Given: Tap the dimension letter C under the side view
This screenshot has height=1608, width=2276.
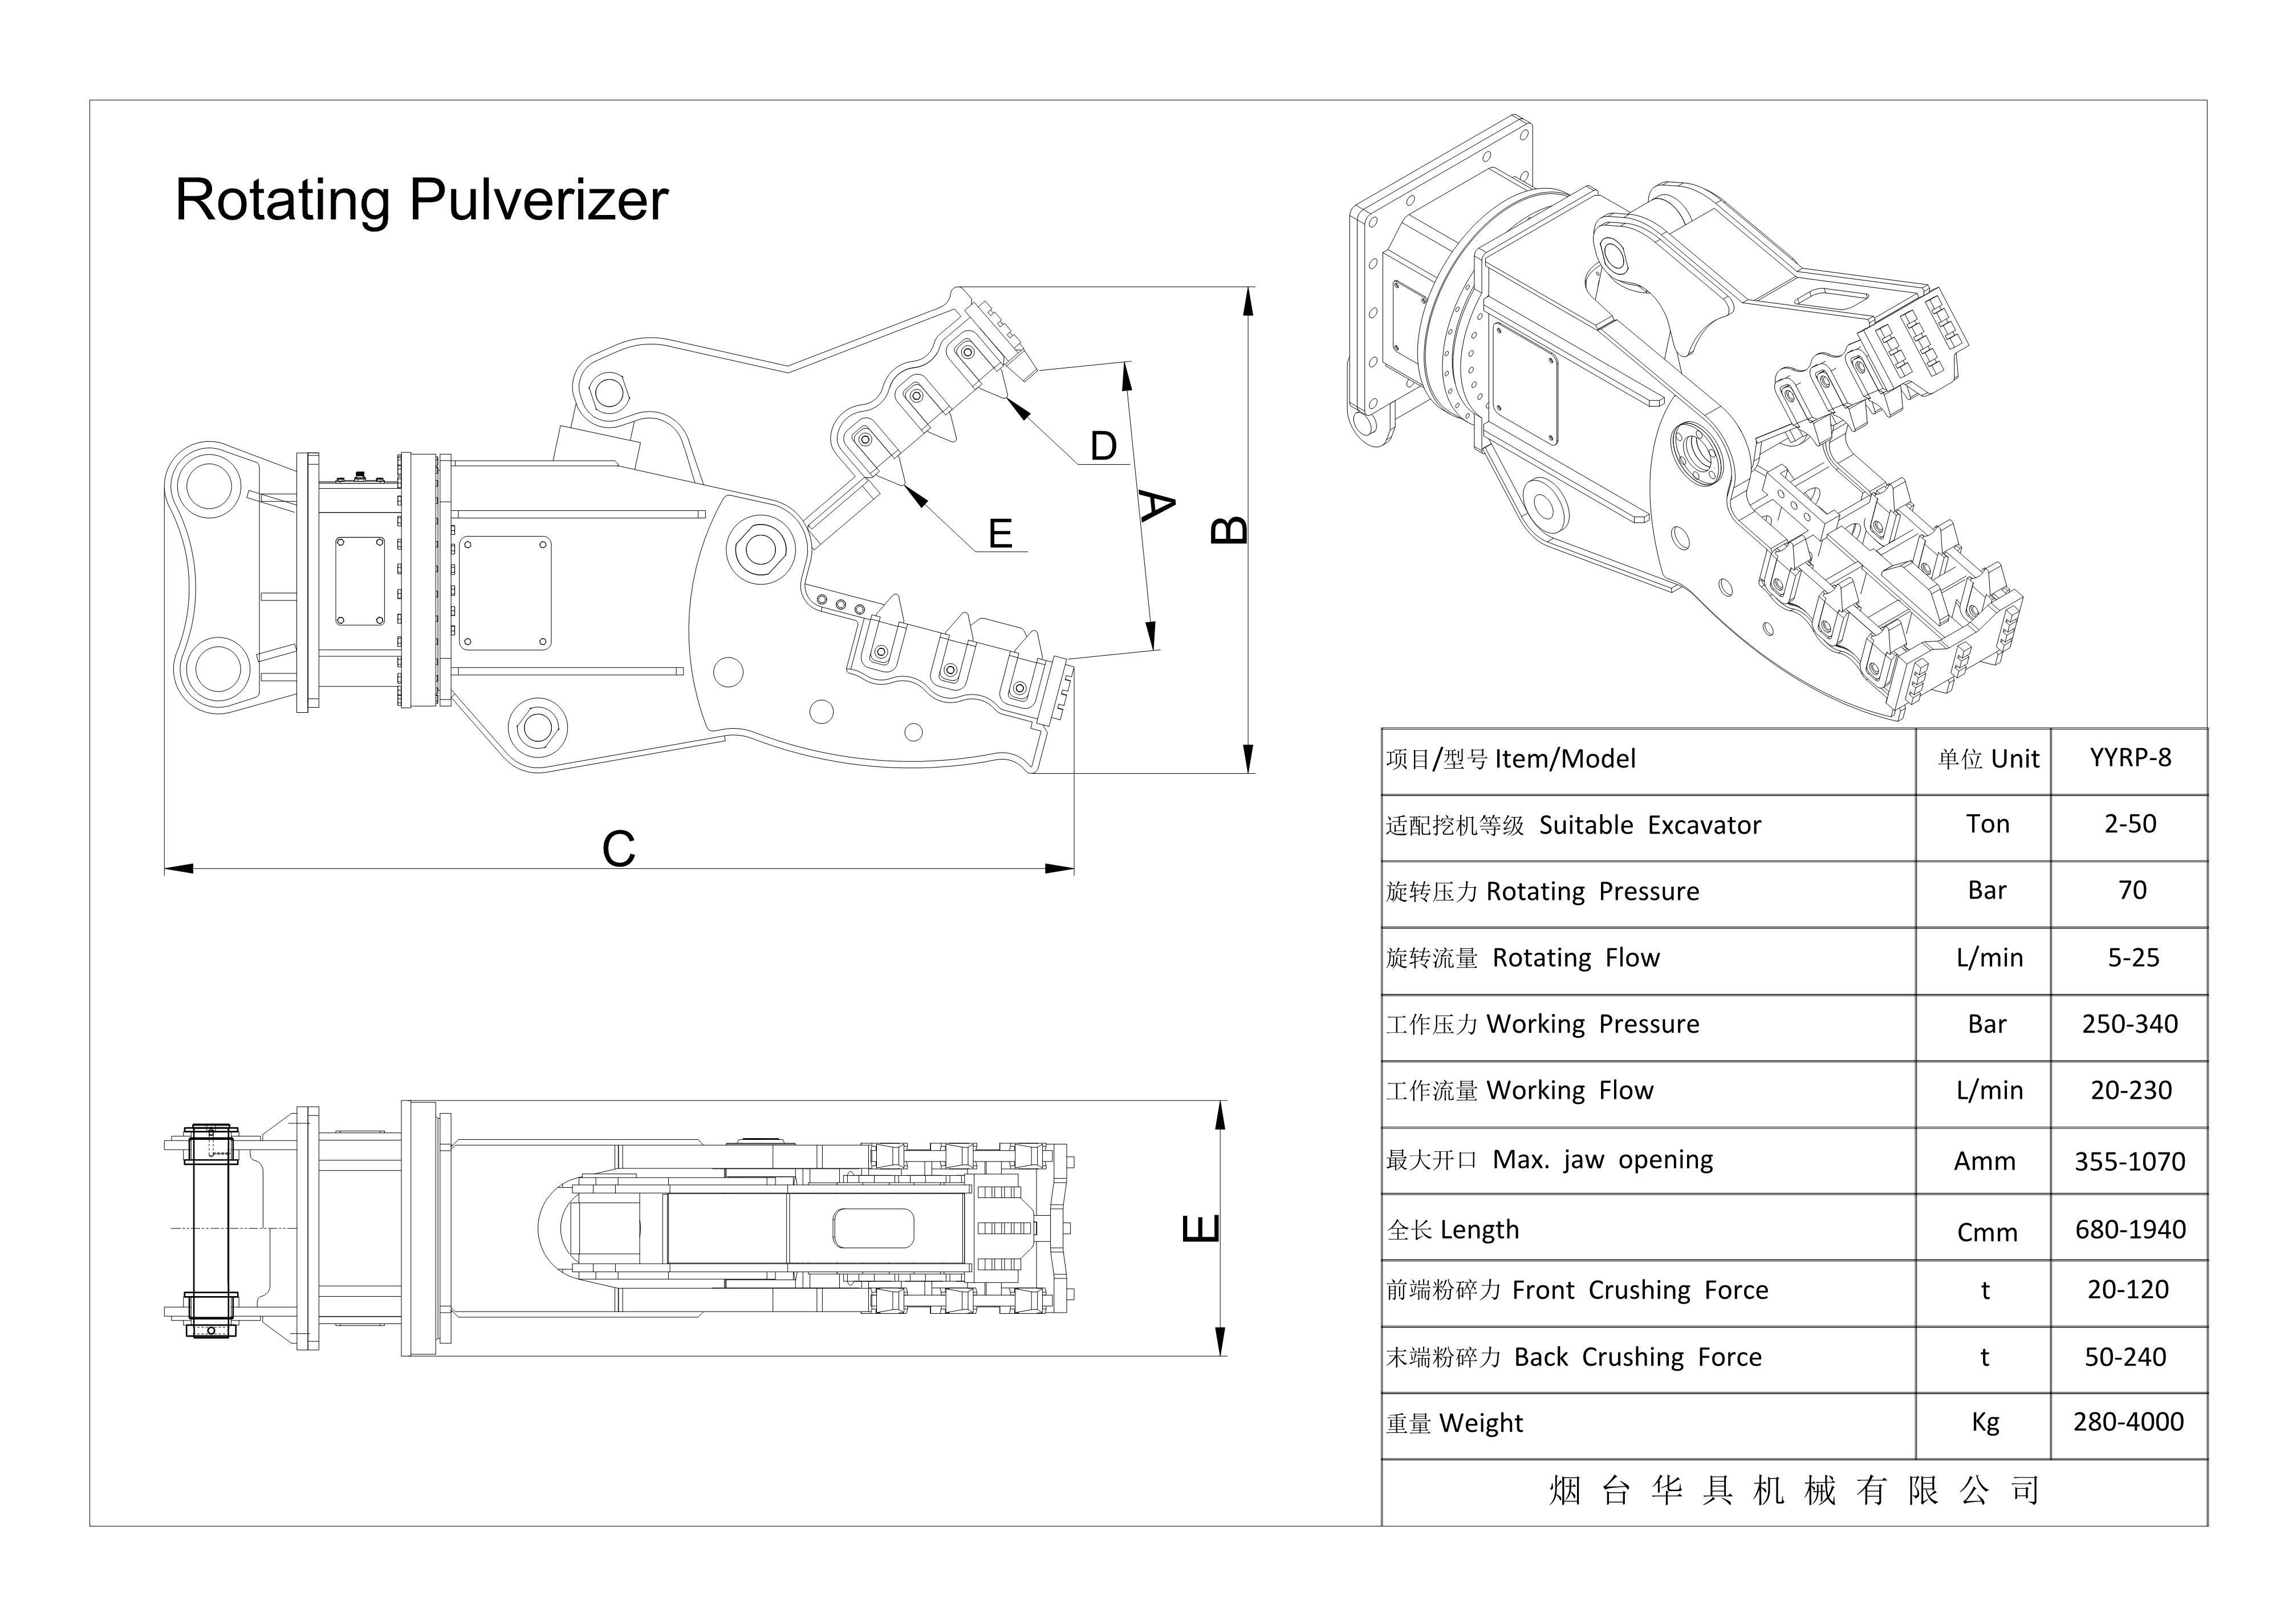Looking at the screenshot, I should (x=619, y=848).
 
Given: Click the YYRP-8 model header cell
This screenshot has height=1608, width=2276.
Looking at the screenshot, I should (x=2129, y=758).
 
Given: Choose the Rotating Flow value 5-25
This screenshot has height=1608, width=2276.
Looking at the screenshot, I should (x=2132, y=957).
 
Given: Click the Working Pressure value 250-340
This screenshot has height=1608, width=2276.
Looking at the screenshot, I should (x=2129, y=1024).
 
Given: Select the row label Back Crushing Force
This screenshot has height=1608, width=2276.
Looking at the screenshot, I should (x=1637, y=1357).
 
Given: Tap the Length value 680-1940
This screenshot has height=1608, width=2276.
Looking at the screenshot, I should (x=2130, y=1229).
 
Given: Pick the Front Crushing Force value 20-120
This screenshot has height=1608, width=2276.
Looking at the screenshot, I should (x=2127, y=1290).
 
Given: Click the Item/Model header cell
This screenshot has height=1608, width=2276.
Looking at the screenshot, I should (x=1565, y=760).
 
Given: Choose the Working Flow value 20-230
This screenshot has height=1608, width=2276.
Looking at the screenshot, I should (x=2130, y=1090).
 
